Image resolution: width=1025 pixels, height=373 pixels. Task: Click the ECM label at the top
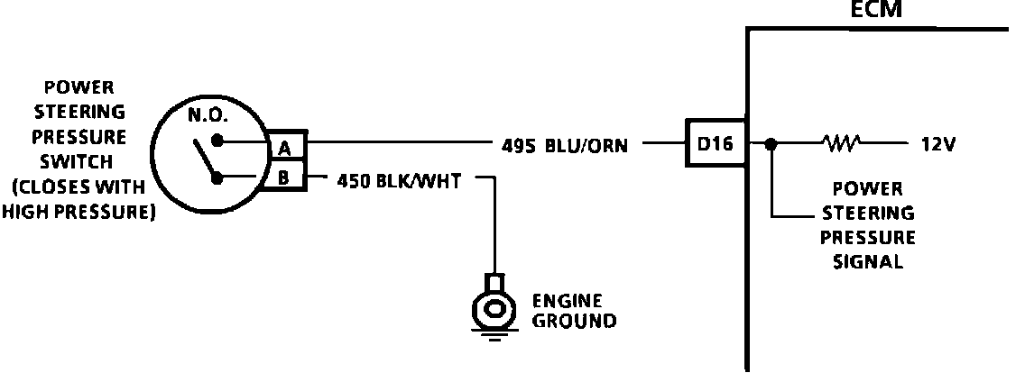point(875,11)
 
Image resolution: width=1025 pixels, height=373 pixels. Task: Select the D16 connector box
point(715,143)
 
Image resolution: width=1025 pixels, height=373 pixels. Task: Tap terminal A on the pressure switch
point(284,145)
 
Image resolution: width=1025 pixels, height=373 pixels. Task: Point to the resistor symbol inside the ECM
point(840,142)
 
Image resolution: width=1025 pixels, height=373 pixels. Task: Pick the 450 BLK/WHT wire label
point(399,180)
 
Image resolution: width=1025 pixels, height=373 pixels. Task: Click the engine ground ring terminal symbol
point(493,307)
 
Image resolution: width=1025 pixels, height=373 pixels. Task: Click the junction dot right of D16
point(769,143)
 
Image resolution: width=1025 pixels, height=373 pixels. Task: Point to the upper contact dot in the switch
point(217,141)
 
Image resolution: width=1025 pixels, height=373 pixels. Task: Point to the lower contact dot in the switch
point(217,177)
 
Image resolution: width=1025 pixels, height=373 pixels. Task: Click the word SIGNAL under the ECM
point(867,262)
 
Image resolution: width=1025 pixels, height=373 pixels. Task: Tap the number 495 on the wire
point(517,144)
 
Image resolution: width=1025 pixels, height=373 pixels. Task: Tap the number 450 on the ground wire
point(351,180)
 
